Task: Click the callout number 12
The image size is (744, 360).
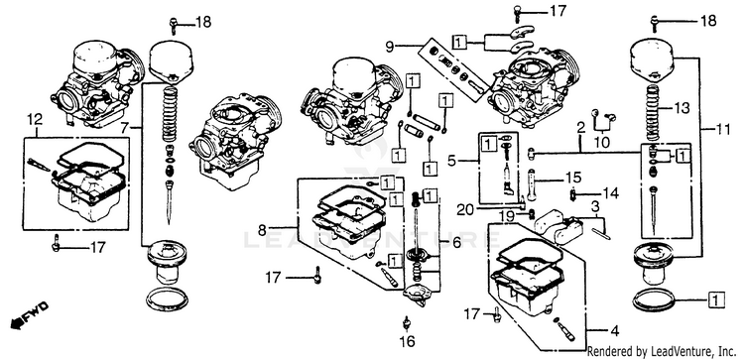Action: (37, 119)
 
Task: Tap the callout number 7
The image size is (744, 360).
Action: (124, 127)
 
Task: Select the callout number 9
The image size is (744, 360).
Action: (390, 47)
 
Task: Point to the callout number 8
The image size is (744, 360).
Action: (263, 230)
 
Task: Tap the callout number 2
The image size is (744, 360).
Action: (580, 128)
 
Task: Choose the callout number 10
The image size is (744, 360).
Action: (599, 142)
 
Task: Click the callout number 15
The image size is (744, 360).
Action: (573, 179)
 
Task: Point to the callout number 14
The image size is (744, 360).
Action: (611, 193)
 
